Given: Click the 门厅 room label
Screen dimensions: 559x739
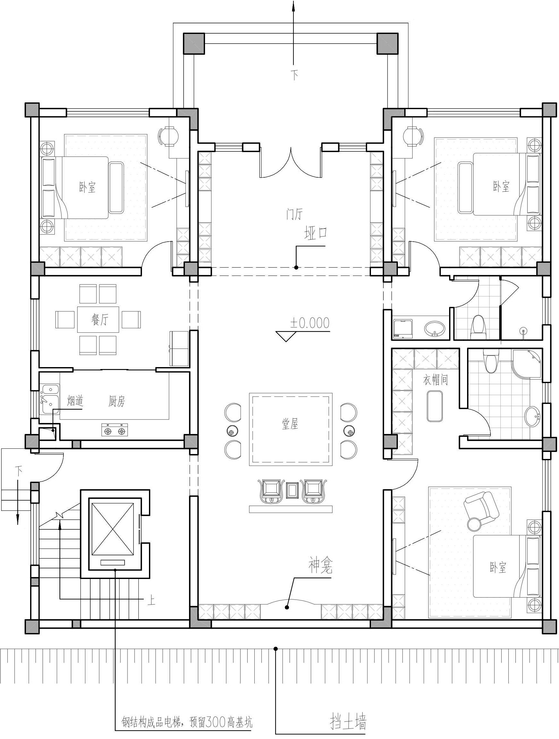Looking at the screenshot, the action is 294,214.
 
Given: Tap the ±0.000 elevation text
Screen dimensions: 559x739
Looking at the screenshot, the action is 310,323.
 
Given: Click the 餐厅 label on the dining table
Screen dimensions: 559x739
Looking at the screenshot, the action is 100,320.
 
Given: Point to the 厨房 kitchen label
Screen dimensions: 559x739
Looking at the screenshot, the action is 116,401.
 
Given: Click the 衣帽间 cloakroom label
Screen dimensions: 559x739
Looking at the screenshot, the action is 435,380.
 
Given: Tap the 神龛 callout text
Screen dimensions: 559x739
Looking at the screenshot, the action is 320,566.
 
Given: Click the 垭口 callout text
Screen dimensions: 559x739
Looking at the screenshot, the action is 315,233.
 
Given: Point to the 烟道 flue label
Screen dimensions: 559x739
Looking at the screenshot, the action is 75,401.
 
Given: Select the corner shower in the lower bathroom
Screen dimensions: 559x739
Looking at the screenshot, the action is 527,364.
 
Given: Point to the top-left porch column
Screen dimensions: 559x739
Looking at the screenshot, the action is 194,44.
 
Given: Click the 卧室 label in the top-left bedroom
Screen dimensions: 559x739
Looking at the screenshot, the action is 87,187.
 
